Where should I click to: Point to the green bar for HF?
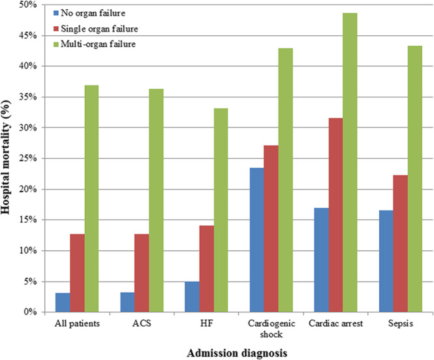(221, 210)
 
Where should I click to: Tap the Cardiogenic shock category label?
(271, 328)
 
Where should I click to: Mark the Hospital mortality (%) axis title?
(8, 158)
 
